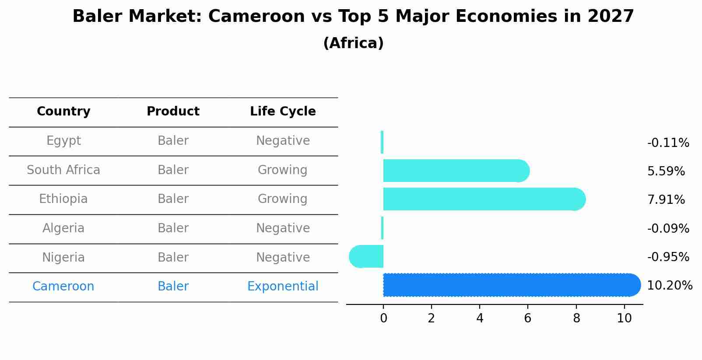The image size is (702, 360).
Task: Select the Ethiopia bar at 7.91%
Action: (481, 199)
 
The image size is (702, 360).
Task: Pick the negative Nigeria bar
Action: (367, 257)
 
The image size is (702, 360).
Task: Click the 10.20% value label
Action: (669, 286)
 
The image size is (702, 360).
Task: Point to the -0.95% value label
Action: (668, 257)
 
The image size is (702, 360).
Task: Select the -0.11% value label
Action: (668, 143)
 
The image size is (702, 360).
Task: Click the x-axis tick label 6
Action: (527, 318)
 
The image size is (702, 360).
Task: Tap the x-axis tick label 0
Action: (383, 318)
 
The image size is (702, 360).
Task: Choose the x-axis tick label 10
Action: (624, 318)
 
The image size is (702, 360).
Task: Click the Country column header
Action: (63, 112)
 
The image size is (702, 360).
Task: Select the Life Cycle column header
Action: (283, 112)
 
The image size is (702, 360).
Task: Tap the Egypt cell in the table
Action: (63, 141)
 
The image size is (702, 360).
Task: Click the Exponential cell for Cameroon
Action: (283, 287)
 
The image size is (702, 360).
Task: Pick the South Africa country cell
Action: (63, 170)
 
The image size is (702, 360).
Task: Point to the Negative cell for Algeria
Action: (283, 228)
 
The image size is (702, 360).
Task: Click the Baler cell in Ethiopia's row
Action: (173, 199)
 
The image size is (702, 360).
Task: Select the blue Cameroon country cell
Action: (63, 287)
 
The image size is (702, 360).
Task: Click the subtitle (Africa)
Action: (353, 43)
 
